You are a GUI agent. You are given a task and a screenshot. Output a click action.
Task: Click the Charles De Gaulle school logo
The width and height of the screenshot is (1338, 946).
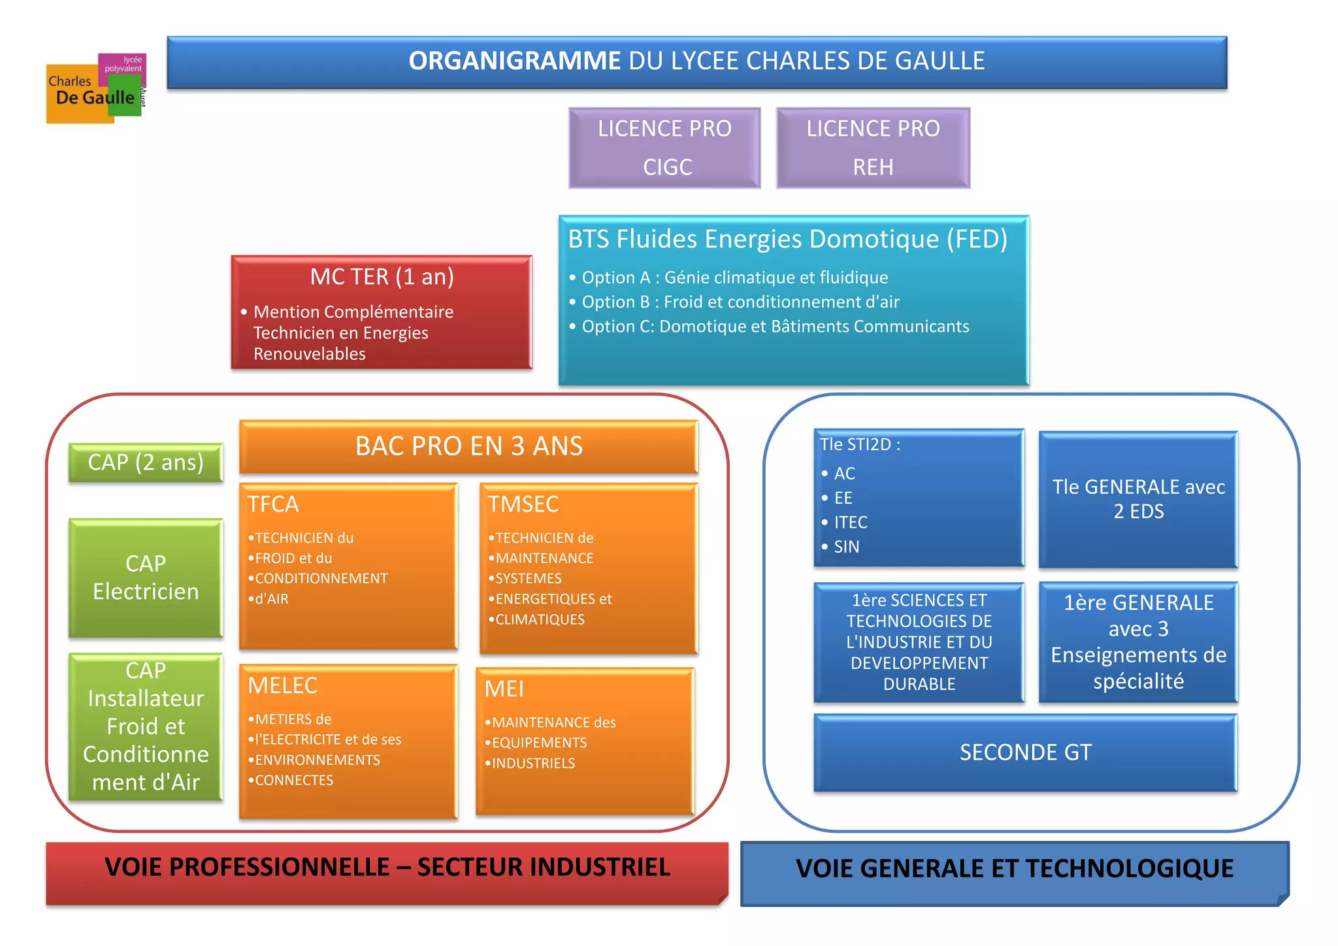pyautogui.click(x=96, y=89)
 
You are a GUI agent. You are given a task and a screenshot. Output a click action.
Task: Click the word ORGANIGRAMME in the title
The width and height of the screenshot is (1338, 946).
pyautogui.click(x=514, y=61)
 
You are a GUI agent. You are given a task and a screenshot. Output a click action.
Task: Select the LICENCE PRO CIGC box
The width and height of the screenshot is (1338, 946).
pyautogui.click(x=664, y=148)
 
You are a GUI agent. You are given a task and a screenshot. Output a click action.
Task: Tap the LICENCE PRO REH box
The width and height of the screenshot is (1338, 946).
pyautogui.click(x=873, y=148)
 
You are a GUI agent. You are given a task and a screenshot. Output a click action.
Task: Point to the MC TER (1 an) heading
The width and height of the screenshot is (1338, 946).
pyautogui.click(x=382, y=277)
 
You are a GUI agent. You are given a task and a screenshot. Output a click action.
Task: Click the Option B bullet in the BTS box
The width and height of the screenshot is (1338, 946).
pyautogui.click(x=740, y=302)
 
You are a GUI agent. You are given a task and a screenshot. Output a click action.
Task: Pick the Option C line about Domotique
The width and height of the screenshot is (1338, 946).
pyautogui.click(x=775, y=327)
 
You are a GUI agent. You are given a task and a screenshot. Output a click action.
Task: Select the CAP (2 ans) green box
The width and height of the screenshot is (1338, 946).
pyautogui.click(x=146, y=463)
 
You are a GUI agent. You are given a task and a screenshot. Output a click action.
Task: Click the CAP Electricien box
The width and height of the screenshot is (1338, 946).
pyautogui.click(x=146, y=578)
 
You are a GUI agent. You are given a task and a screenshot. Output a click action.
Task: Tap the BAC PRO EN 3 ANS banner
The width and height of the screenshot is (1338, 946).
pyautogui.click(x=468, y=446)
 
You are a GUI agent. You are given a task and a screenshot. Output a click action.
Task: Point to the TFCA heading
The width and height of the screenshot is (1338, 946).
pyautogui.click(x=273, y=504)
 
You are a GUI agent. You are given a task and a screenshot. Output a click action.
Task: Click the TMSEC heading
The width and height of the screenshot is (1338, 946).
pyautogui.click(x=523, y=504)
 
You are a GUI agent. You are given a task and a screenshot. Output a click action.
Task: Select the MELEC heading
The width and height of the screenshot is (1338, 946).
pyautogui.click(x=282, y=685)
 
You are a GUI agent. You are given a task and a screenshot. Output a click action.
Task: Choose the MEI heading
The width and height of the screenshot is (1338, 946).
pyautogui.click(x=504, y=689)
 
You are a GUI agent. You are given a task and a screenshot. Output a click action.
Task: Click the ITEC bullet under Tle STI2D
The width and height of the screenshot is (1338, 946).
pyautogui.click(x=850, y=523)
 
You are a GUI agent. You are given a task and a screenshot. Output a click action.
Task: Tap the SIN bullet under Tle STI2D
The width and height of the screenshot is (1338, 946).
pyautogui.click(x=846, y=547)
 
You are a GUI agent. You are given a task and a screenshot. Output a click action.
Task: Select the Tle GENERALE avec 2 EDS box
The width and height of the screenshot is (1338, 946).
pyautogui.click(x=1138, y=499)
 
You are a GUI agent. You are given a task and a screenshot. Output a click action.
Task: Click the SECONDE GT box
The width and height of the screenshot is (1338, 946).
pyautogui.click(x=1025, y=753)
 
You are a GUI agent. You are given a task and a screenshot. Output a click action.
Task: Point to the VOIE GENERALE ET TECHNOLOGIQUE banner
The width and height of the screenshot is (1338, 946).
pyautogui.click(x=1014, y=869)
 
